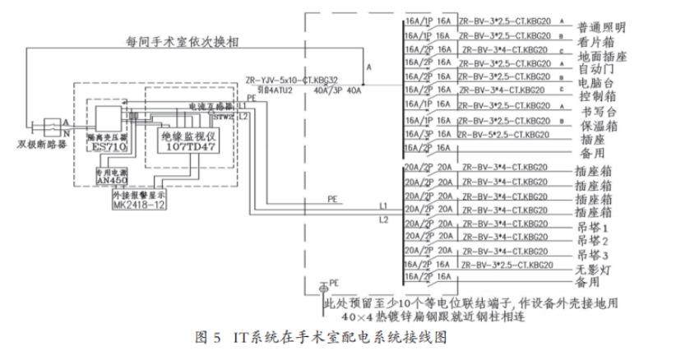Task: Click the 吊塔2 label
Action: click(x=595, y=241)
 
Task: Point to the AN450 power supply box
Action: click(x=110, y=180)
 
